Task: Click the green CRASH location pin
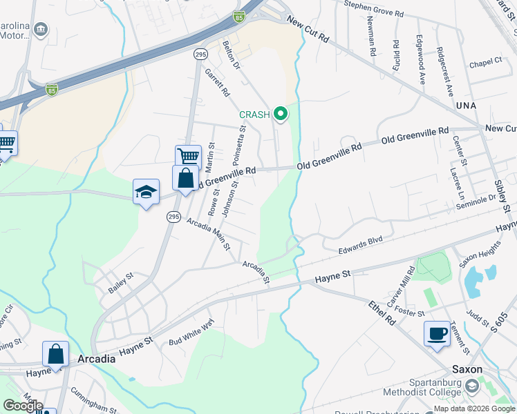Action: coord(281,113)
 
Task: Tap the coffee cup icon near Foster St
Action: coord(436,334)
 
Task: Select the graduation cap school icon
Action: coord(146,193)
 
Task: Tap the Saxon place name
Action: coord(467,369)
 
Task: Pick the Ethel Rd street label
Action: coord(381,313)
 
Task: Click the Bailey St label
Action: coord(120,283)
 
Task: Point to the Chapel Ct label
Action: coord(485,61)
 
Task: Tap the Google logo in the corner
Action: coord(23,405)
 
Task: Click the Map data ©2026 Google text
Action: coord(474,408)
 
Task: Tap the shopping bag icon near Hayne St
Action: coord(55,355)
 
